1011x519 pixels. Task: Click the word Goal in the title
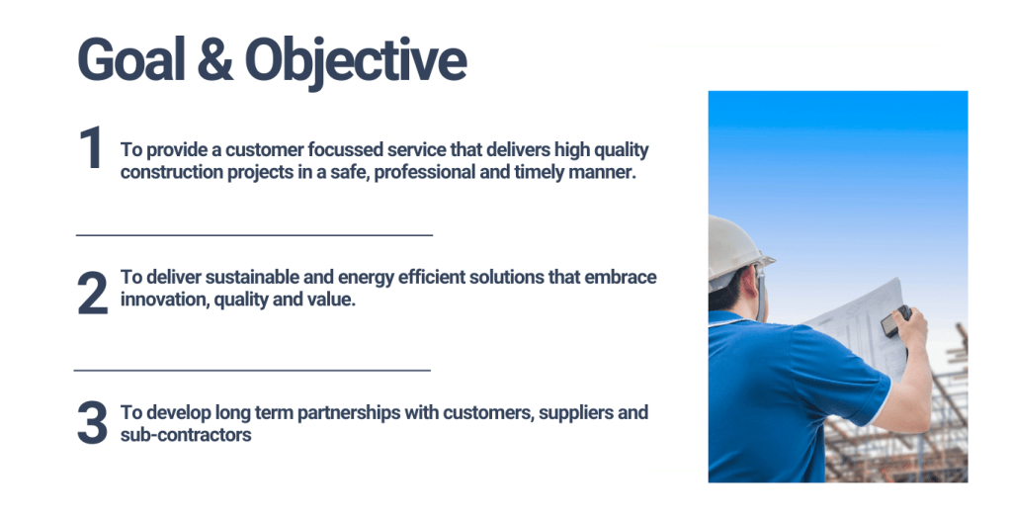click(131, 59)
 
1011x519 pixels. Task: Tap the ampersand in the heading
click(214, 59)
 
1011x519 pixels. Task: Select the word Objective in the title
click(355, 62)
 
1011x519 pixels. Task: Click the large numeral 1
click(91, 148)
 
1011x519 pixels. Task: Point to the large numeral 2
click(92, 294)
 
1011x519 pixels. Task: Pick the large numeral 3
click(92, 423)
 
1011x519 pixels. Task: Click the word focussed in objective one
click(345, 149)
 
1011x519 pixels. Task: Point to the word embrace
click(621, 277)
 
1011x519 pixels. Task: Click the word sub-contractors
click(186, 435)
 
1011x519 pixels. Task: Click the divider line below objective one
click(254, 235)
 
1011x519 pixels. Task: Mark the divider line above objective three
click(252, 371)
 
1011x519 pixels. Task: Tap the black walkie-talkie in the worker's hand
click(895, 321)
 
